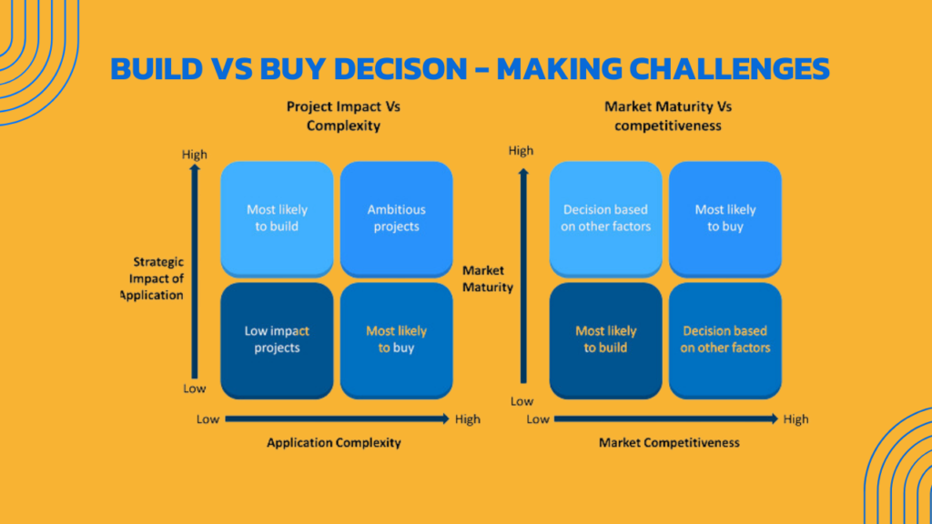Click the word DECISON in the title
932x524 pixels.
(x=400, y=68)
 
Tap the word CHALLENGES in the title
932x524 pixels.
(x=729, y=68)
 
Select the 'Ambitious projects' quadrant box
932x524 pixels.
(x=397, y=218)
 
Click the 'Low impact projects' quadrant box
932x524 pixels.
(x=277, y=340)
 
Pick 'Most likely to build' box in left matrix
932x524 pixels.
(x=277, y=218)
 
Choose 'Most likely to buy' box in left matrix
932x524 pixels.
(x=397, y=340)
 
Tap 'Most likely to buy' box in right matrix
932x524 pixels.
(x=725, y=218)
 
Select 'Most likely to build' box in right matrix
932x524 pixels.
(x=605, y=340)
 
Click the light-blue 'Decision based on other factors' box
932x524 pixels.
(x=605, y=218)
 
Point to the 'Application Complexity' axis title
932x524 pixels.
(x=333, y=443)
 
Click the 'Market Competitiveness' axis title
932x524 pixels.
(x=669, y=443)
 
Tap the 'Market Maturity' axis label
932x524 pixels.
(x=488, y=278)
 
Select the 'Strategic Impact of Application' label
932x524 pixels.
(x=152, y=278)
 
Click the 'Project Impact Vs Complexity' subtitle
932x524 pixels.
(x=343, y=116)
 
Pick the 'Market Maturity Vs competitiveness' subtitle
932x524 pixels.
(x=668, y=116)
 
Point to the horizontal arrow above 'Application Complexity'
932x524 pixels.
(x=337, y=418)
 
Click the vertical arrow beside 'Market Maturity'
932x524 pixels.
(x=523, y=276)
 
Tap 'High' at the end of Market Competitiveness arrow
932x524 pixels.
(x=795, y=419)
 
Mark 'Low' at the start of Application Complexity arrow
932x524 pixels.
(x=208, y=419)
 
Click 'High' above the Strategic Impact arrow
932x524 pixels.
(x=195, y=155)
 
